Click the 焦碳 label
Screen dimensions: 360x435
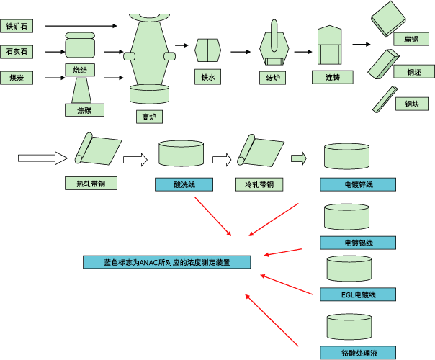pos(84,110)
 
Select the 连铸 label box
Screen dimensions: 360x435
pos(331,76)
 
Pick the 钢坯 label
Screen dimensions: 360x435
pos(412,71)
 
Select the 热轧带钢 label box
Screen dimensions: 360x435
pos(91,184)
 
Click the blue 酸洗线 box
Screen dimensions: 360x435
pos(184,185)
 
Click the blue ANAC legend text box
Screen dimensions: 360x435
pos(167,262)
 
